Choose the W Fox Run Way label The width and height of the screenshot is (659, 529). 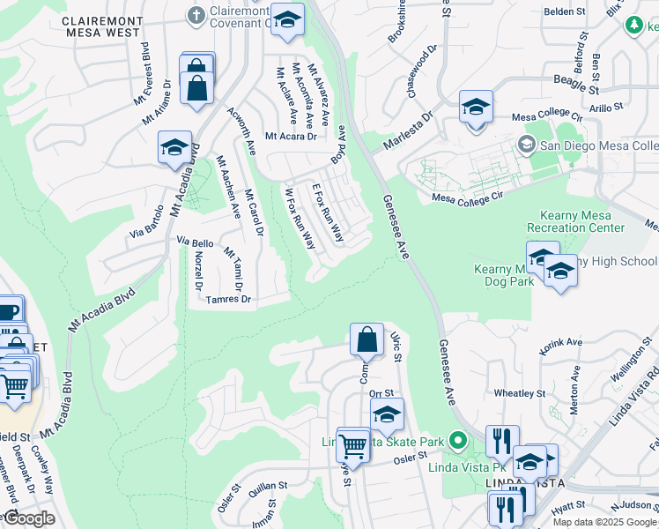point(300,218)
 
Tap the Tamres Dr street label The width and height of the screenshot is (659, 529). point(228,300)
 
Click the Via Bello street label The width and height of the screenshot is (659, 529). point(195,241)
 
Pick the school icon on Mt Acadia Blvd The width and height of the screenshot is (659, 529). point(174,147)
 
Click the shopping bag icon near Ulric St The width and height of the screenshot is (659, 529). point(367,339)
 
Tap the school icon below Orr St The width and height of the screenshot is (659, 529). point(386,414)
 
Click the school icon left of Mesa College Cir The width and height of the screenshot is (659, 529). point(475,108)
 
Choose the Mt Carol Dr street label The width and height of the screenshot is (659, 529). point(255,212)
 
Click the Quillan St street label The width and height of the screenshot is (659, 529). point(269,486)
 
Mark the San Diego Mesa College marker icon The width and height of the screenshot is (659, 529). point(527,144)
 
